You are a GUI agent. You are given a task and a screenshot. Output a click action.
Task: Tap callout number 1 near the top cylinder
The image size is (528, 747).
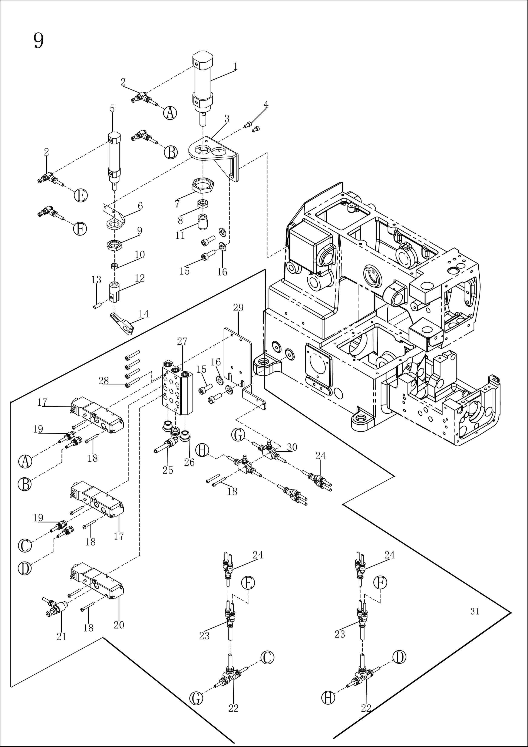235,66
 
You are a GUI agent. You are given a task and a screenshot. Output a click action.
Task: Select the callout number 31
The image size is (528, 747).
475,612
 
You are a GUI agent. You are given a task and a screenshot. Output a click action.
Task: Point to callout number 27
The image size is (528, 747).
182,341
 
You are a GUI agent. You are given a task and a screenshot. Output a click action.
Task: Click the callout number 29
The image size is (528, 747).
238,307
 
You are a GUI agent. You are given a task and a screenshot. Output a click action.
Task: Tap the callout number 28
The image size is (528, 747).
103,381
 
